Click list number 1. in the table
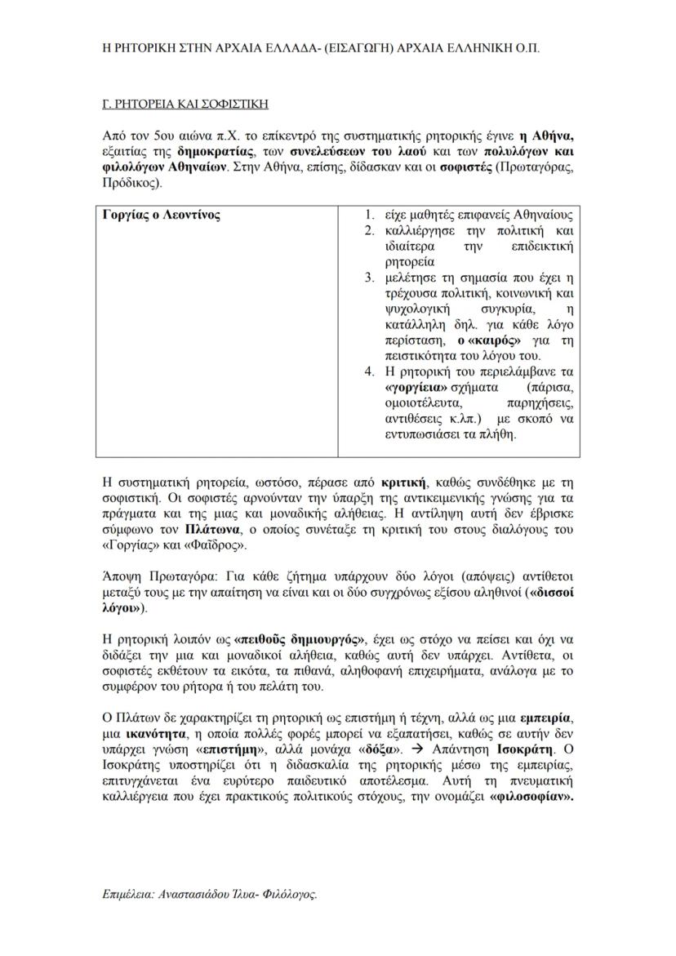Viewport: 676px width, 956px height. tap(369, 216)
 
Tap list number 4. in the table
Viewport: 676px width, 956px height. tap(369, 371)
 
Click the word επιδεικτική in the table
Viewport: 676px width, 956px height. tap(542, 247)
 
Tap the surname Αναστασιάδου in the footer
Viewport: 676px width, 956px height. tap(202, 894)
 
